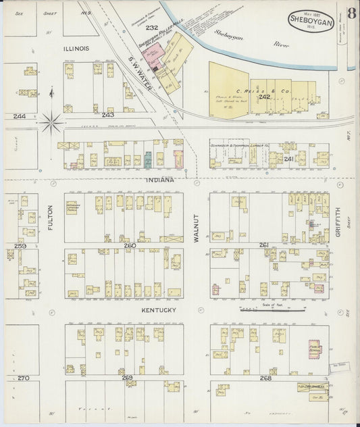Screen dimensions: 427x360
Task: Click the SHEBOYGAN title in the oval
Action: pyautogui.click(x=310, y=21)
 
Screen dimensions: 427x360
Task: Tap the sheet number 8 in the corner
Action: pyautogui.click(x=351, y=14)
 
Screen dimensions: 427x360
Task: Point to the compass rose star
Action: pyautogui.click(x=51, y=123)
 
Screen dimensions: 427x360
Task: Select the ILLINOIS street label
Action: pyautogui.click(x=76, y=49)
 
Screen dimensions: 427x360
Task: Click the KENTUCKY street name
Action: pyautogui.click(x=159, y=309)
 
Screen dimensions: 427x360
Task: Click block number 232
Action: pyautogui.click(x=151, y=28)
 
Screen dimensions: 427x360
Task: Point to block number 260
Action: pyautogui.click(x=129, y=245)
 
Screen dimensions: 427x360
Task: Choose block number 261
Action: pyautogui.click(x=263, y=245)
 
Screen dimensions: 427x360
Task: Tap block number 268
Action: pyautogui.click(x=265, y=378)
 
